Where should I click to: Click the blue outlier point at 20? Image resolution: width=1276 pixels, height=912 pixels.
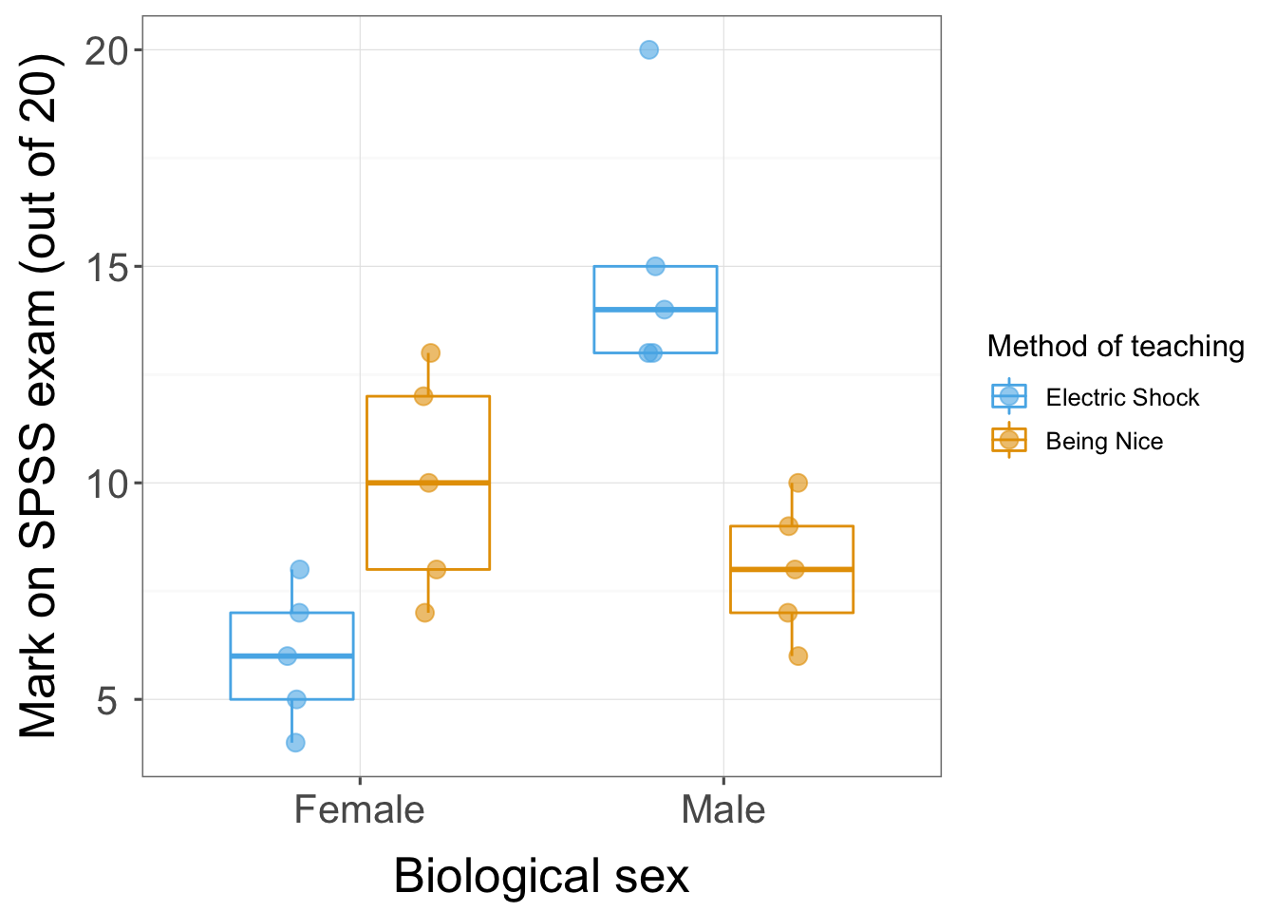(648, 49)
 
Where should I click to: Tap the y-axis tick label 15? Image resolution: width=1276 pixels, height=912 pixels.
(107, 267)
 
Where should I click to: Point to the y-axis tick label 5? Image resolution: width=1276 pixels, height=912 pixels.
(107, 700)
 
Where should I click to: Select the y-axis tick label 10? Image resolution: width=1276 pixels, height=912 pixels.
(107, 484)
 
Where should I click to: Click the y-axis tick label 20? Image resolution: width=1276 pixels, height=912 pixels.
(107, 50)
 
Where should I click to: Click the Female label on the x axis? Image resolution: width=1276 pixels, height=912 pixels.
(359, 810)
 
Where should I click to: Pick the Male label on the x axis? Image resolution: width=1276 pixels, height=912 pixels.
(722, 810)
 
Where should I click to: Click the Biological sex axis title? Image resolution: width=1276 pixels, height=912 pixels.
(541, 876)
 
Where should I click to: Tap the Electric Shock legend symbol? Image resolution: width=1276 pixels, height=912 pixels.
(1008, 397)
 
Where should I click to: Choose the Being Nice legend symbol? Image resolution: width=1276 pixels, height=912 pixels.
(1008, 441)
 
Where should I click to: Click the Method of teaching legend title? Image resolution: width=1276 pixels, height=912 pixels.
(1116, 346)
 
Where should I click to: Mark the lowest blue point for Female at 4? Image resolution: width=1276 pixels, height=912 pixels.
(295, 742)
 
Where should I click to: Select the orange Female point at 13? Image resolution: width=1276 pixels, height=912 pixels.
(430, 352)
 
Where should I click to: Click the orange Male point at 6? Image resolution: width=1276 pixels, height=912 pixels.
(797, 655)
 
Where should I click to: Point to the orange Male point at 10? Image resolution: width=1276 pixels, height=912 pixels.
(797, 483)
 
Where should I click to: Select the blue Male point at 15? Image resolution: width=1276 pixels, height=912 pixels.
(655, 266)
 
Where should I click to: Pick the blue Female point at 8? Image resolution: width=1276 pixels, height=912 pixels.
(299, 569)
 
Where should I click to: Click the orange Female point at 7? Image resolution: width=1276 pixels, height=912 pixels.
(424, 613)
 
